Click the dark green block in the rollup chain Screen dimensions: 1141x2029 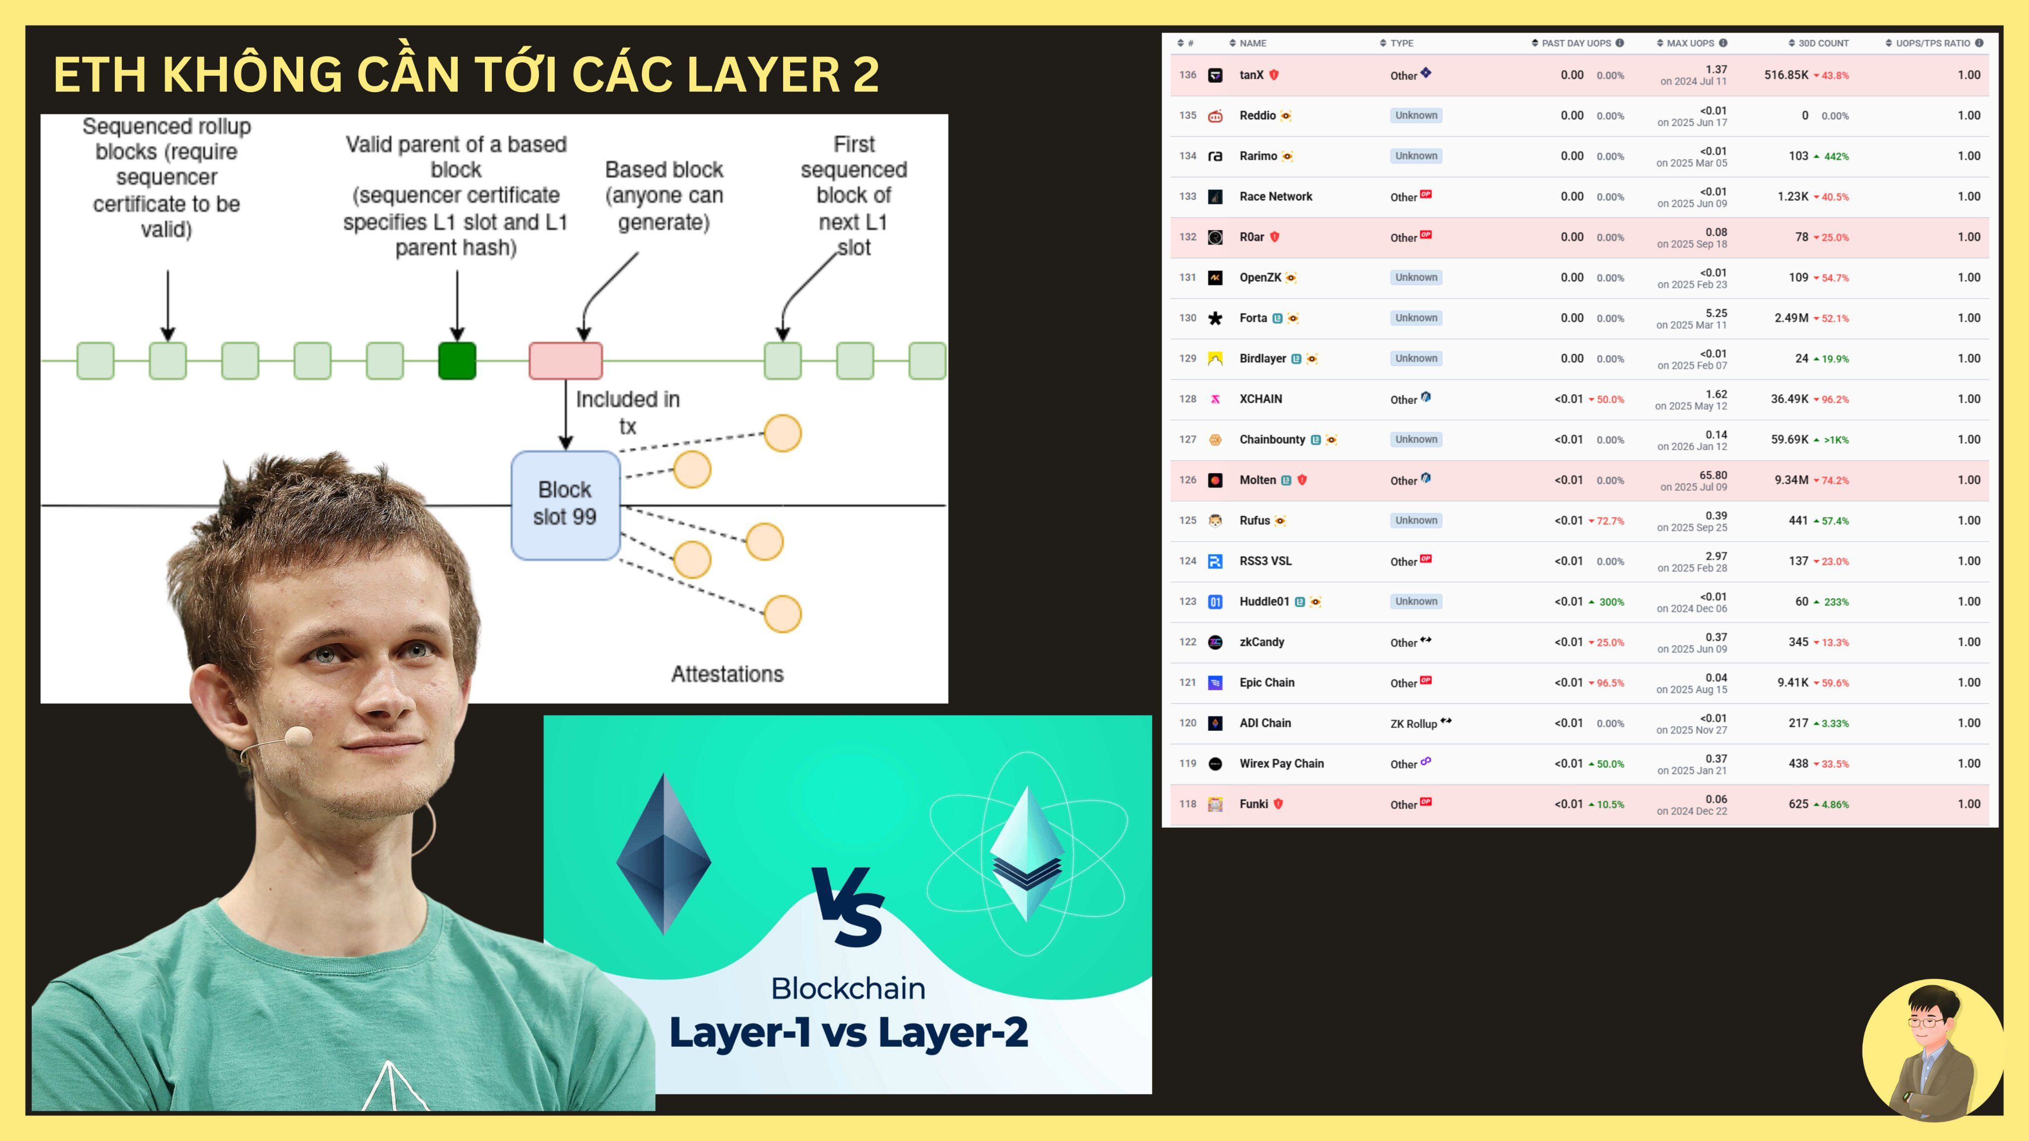point(457,361)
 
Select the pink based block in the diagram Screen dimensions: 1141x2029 point(566,361)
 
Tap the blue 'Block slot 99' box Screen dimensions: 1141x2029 point(565,504)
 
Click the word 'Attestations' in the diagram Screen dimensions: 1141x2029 point(727,674)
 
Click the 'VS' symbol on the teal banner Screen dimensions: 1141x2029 point(849,906)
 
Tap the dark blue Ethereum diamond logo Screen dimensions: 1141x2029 point(664,854)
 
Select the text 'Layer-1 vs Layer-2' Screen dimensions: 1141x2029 point(848,1033)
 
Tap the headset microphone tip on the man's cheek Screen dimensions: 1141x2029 point(298,737)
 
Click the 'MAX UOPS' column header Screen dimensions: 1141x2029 point(1690,43)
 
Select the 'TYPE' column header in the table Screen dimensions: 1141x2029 point(1401,43)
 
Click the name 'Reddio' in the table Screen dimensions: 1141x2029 point(1257,116)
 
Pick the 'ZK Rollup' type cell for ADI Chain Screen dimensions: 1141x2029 point(1413,724)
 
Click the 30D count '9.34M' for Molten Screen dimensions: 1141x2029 point(1791,480)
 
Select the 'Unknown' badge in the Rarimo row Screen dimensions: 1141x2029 point(1415,156)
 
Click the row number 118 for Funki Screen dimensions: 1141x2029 point(1187,804)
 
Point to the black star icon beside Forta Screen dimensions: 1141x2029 point(1215,318)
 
